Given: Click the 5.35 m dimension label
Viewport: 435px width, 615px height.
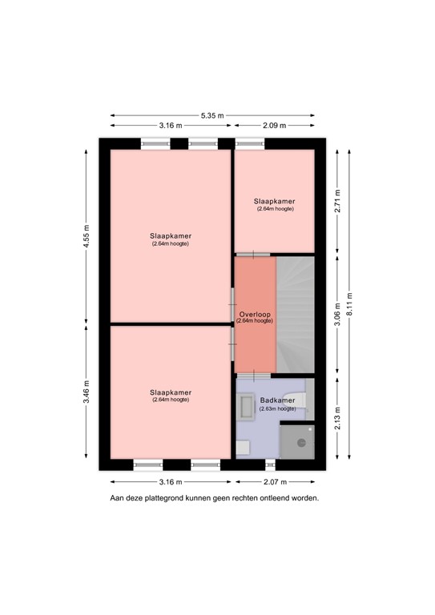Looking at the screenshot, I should click(211, 115).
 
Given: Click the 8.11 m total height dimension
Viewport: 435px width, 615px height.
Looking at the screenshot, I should click(348, 304).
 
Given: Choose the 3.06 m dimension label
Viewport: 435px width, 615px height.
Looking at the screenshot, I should click(337, 313).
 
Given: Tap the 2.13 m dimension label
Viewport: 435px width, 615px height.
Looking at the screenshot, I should click(337, 420).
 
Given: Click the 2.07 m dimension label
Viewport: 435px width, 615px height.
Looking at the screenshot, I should click(274, 482).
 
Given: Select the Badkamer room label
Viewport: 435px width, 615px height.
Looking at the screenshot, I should click(277, 400).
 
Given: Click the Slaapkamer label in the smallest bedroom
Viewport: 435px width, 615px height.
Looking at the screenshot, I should click(275, 201).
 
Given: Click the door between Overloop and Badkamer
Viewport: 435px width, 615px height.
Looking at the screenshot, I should click(255, 374).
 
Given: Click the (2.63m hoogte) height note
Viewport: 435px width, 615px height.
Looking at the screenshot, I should click(277, 408).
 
